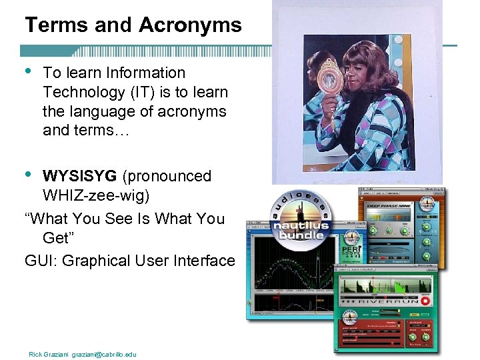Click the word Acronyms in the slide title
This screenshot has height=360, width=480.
[191, 25]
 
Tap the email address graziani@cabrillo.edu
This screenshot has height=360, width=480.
[105, 354]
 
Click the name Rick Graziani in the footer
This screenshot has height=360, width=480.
[49, 354]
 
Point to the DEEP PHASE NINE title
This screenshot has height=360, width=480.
[389, 207]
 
